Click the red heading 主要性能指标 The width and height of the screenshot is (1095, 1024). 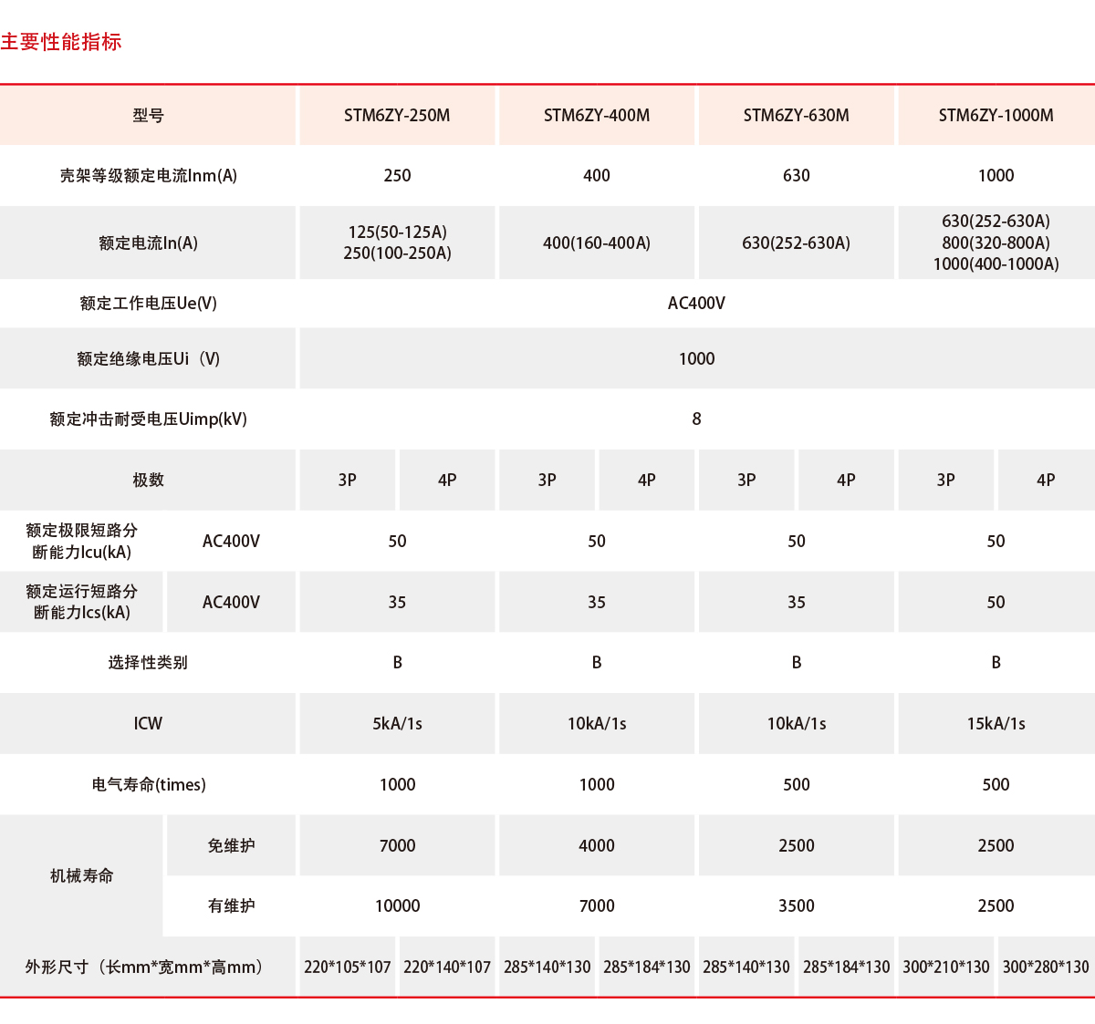[x=61, y=42]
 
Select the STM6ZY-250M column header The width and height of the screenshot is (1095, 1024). [x=397, y=116]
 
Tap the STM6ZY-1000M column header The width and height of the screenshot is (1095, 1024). [x=996, y=116]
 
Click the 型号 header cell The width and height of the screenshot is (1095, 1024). [x=148, y=116]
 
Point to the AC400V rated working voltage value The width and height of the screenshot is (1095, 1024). [x=696, y=304]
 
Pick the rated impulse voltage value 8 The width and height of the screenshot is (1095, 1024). [x=696, y=419]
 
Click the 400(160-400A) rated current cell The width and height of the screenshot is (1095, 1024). [x=597, y=243]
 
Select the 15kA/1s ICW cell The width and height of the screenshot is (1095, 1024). [x=996, y=724]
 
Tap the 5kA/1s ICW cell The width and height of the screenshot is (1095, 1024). [x=397, y=724]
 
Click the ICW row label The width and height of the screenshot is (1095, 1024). [x=148, y=724]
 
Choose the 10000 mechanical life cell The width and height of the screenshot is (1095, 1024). [x=397, y=906]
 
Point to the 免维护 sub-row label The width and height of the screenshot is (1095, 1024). [x=231, y=846]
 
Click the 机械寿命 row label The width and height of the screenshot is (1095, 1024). [x=82, y=876]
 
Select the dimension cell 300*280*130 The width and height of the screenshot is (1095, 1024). [x=1046, y=967]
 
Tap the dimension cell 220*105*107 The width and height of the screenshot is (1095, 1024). [x=347, y=967]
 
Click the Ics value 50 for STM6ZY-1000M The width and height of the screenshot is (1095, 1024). [x=996, y=603]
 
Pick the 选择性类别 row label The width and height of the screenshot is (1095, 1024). [x=148, y=663]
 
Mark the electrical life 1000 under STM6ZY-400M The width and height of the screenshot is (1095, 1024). [x=597, y=785]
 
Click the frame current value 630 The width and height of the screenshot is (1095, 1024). [x=796, y=176]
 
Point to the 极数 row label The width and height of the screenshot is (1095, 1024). [x=148, y=481]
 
